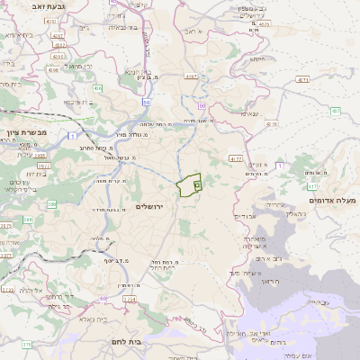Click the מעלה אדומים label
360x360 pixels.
[332, 199]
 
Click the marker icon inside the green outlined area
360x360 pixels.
[196, 184]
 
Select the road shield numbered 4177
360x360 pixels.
[236, 157]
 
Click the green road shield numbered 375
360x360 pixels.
[27, 344]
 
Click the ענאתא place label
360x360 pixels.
[248, 113]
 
